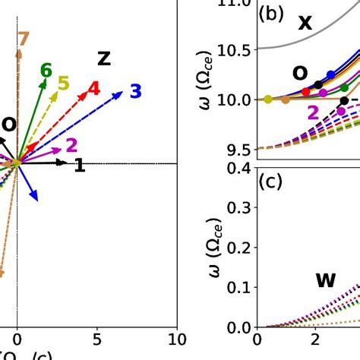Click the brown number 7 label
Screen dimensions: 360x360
click(23, 40)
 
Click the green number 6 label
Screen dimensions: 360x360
click(46, 71)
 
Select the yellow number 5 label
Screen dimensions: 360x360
click(64, 84)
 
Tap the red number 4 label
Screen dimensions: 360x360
click(93, 89)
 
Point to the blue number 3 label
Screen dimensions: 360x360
click(135, 92)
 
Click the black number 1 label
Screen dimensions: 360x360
click(79, 166)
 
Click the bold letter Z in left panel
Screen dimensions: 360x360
click(104, 58)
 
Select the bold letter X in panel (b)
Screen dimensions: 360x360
click(305, 24)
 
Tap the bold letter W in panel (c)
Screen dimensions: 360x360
click(326, 280)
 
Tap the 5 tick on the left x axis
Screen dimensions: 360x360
click(96, 339)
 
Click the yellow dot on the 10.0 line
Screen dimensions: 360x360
click(267, 99)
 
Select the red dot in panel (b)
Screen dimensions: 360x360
click(306, 92)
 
